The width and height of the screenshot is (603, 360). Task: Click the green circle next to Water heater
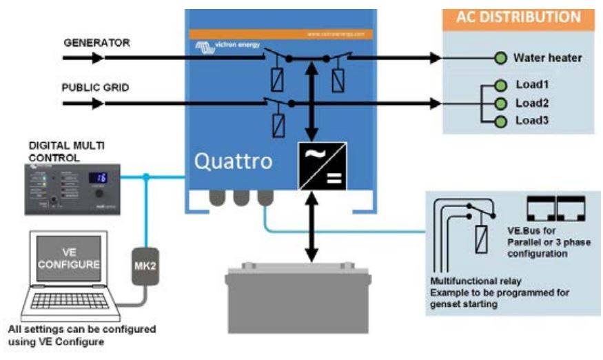pos(501,59)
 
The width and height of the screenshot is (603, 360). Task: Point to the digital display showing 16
pos(99,178)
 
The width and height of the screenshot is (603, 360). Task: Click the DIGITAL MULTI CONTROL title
pos(68,151)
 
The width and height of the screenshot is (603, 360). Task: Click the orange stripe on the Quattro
pos(280,33)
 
